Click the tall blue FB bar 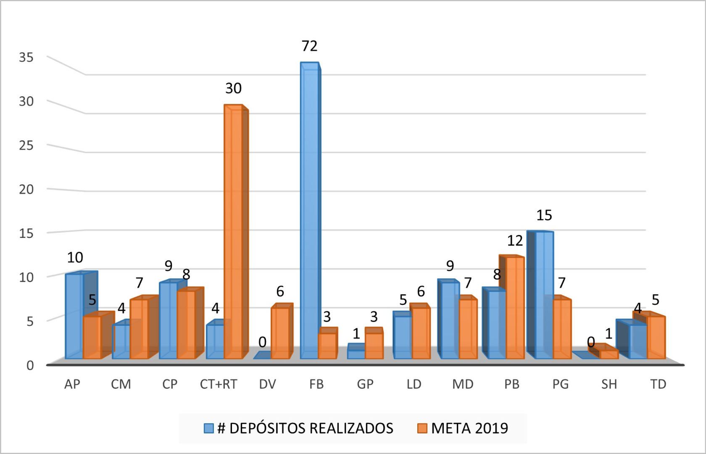coord(310,210)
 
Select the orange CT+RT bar coord(233,231)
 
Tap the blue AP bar coord(74,315)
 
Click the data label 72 coord(310,46)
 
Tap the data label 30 coord(233,88)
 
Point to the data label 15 coord(544,215)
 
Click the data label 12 coord(515,241)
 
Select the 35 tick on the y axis coord(26,57)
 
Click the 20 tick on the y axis coord(26,189)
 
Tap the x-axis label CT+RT coord(219,384)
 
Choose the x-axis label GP coord(365,384)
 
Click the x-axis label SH coord(609,384)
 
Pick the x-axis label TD coord(658,384)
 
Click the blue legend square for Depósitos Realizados coord(209,428)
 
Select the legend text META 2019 coord(469,428)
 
